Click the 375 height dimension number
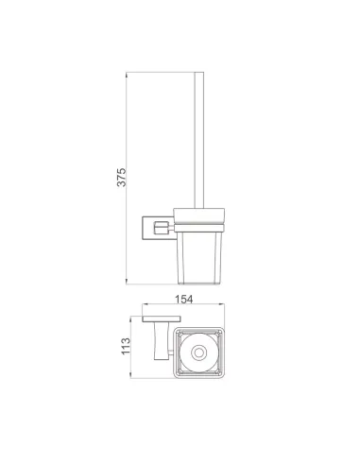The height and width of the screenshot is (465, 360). [121, 177]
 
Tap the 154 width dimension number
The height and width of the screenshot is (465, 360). [183, 299]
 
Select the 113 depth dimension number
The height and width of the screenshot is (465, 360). [126, 346]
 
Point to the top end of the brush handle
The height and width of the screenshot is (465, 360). [198, 73]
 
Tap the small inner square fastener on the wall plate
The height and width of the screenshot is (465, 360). [160, 228]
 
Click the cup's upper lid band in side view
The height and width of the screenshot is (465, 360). [199, 215]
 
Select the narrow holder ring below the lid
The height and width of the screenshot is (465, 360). [199, 228]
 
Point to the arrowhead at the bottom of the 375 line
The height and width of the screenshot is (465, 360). [127, 282]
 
